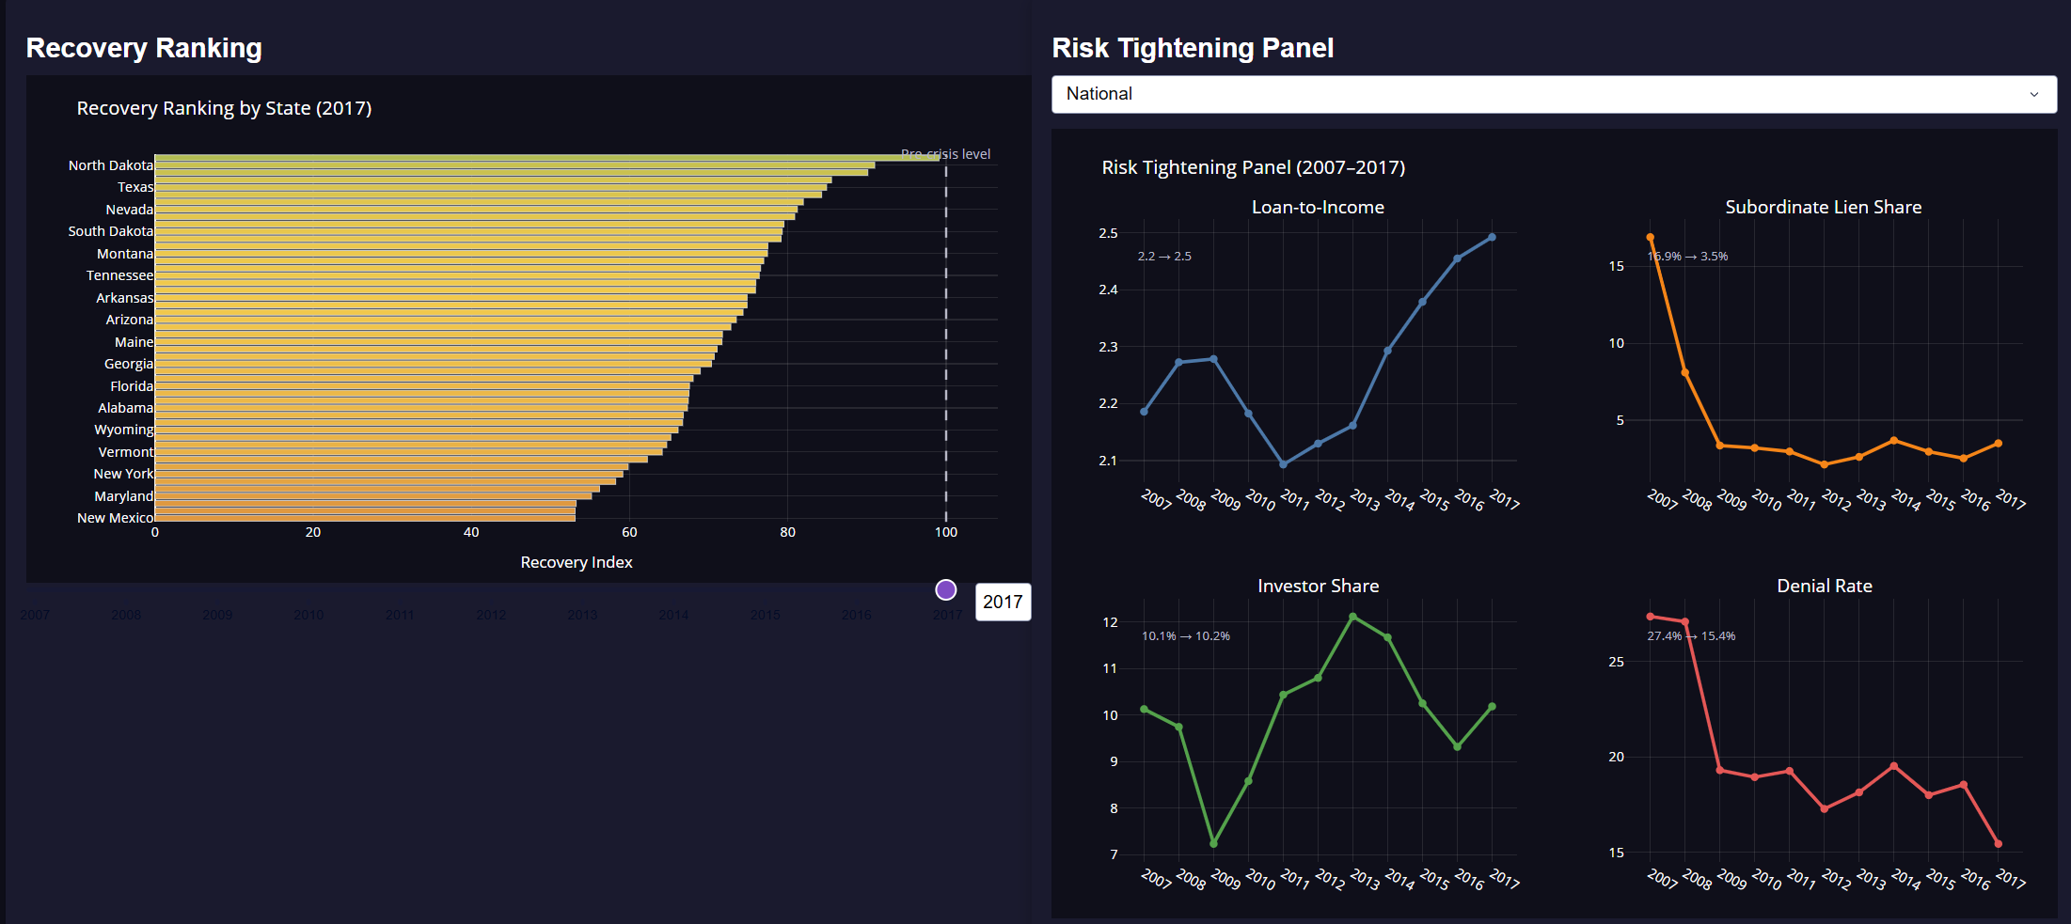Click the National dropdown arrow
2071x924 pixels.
coord(2033,94)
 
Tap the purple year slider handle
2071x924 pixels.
coord(946,589)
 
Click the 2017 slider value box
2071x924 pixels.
coord(1003,602)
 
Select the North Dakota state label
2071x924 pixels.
coord(110,165)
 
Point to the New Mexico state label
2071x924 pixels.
coord(115,518)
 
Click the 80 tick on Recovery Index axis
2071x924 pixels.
coord(787,532)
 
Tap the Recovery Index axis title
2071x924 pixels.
coord(577,562)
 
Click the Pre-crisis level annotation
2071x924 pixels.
coord(945,154)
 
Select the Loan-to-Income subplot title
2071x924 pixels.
coord(1318,207)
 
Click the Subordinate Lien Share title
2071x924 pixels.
coord(1823,207)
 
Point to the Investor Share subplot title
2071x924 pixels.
coord(1318,586)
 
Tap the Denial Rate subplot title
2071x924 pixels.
coord(1824,586)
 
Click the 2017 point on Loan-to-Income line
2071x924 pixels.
coord(1492,237)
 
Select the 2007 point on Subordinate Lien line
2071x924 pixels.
coord(1651,238)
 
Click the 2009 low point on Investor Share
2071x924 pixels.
coord(1213,843)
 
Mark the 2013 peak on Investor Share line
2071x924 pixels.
coord(1352,617)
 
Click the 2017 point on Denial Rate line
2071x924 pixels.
coord(1998,843)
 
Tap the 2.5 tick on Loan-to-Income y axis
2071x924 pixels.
coord(1108,233)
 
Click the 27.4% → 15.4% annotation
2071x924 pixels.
coord(1691,636)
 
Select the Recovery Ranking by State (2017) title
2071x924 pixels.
coord(224,108)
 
